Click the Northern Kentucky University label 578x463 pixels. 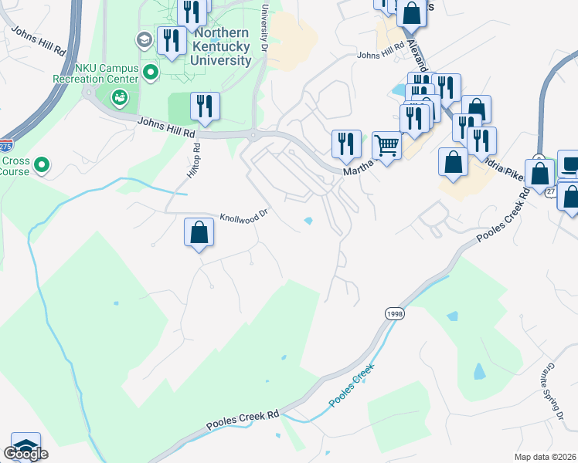tap(223, 46)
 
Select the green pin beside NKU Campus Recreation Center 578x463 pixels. tap(151, 73)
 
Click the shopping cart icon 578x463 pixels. tap(386, 144)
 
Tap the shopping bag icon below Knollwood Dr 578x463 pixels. tap(199, 232)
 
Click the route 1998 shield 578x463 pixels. tap(394, 313)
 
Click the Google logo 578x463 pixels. tap(25, 454)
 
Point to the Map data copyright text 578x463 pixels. tap(546, 456)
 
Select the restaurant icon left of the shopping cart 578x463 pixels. tap(345, 143)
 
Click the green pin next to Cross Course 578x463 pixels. tap(43, 164)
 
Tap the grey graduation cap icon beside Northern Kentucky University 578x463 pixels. tap(143, 39)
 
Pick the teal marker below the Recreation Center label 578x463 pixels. tap(120, 98)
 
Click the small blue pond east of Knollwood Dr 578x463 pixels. tap(309, 221)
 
